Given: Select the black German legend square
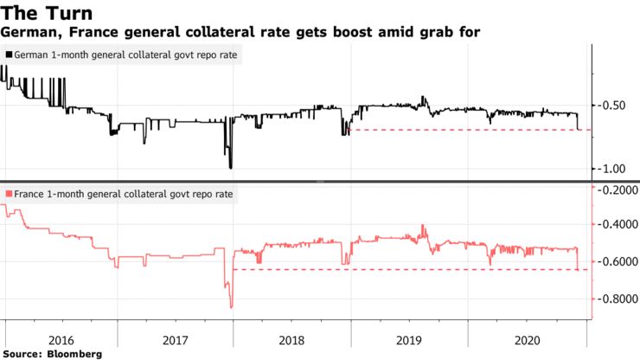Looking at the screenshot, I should point(9,55).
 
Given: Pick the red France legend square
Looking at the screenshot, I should point(9,194).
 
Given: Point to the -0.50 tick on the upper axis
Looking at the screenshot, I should point(614,106).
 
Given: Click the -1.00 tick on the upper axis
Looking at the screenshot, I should point(614,168).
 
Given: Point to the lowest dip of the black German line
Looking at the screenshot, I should point(230,167).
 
